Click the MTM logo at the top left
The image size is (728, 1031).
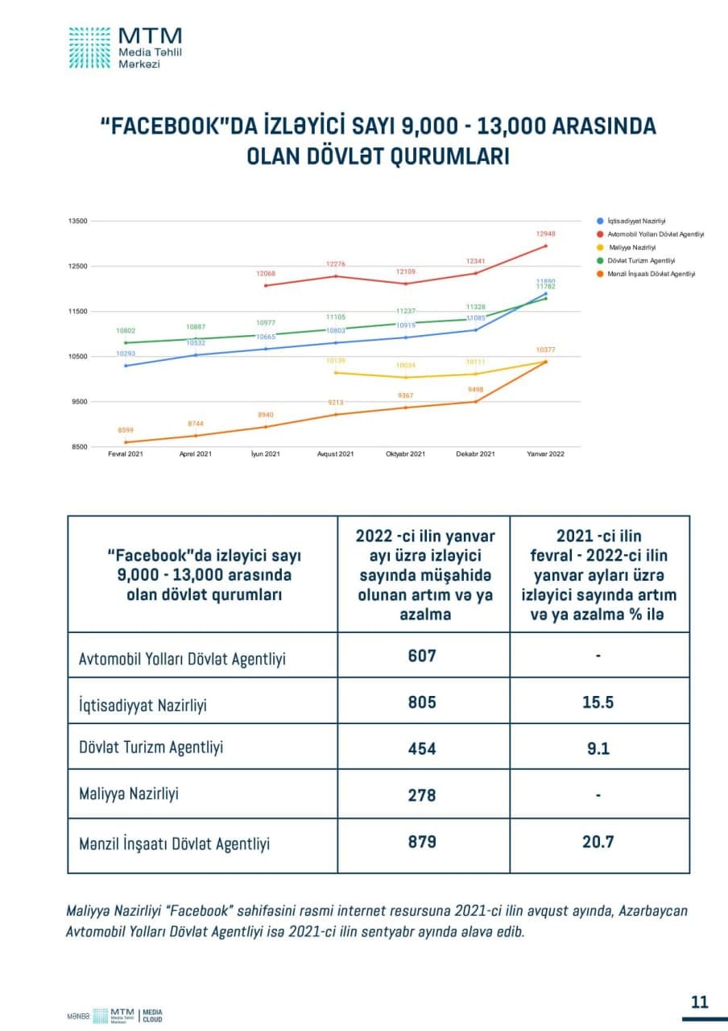click(125, 47)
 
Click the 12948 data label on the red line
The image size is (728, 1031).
click(545, 234)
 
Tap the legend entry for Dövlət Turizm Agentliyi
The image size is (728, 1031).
click(641, 260)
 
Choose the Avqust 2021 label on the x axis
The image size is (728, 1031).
click(336, 454)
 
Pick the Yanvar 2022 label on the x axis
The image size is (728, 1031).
click(545, 454)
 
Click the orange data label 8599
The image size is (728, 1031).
click(126, 431)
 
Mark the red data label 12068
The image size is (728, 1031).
click(266, 274)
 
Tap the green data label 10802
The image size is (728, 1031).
click(126, 331)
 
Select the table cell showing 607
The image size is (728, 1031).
click(422, 656)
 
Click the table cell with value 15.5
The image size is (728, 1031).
click(598, 702)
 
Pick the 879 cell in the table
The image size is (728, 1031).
click(422, 842)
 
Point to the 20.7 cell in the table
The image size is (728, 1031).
click(598, 842)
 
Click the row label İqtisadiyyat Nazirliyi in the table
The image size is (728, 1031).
click(143, 705)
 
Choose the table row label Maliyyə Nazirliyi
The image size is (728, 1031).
click(129, 794)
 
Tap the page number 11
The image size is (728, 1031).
click(699, 1002)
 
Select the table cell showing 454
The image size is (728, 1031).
click(422, 748)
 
